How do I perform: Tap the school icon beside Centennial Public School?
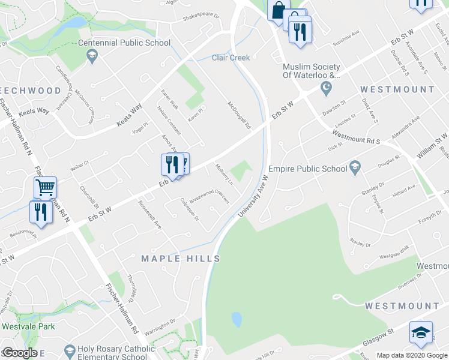(92, 56)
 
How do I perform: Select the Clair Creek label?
(231, 58)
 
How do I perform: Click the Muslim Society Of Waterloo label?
(312, 71)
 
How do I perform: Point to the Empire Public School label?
(308, 169)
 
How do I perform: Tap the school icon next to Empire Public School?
(355, 166)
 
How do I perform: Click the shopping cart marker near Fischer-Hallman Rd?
(46, 188)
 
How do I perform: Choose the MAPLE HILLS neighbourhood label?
(181, 259)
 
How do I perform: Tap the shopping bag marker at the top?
(279, 10)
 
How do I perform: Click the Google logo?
(20, 353)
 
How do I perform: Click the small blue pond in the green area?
(237, 319)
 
